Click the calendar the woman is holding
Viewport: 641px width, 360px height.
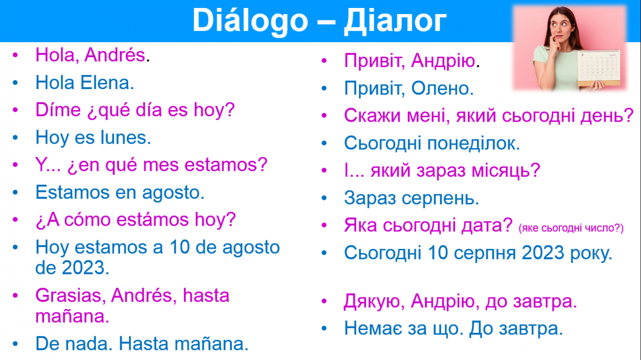(598, 68)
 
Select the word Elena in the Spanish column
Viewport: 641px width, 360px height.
(107, 83)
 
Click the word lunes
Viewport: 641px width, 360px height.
(125, 138)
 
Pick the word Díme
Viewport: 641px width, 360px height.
(58, 110)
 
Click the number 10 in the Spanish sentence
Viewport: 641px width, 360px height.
(180, 247)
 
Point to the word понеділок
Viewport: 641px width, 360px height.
(474, 143)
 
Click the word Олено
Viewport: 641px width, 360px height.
(442, 88)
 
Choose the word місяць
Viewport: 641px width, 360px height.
(506, 171)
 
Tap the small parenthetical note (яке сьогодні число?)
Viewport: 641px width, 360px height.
(571, 228)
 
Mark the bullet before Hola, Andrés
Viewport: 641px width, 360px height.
(16, 55)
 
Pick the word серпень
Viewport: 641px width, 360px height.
(440, 199)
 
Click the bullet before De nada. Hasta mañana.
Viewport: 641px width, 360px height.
(16, 343)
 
